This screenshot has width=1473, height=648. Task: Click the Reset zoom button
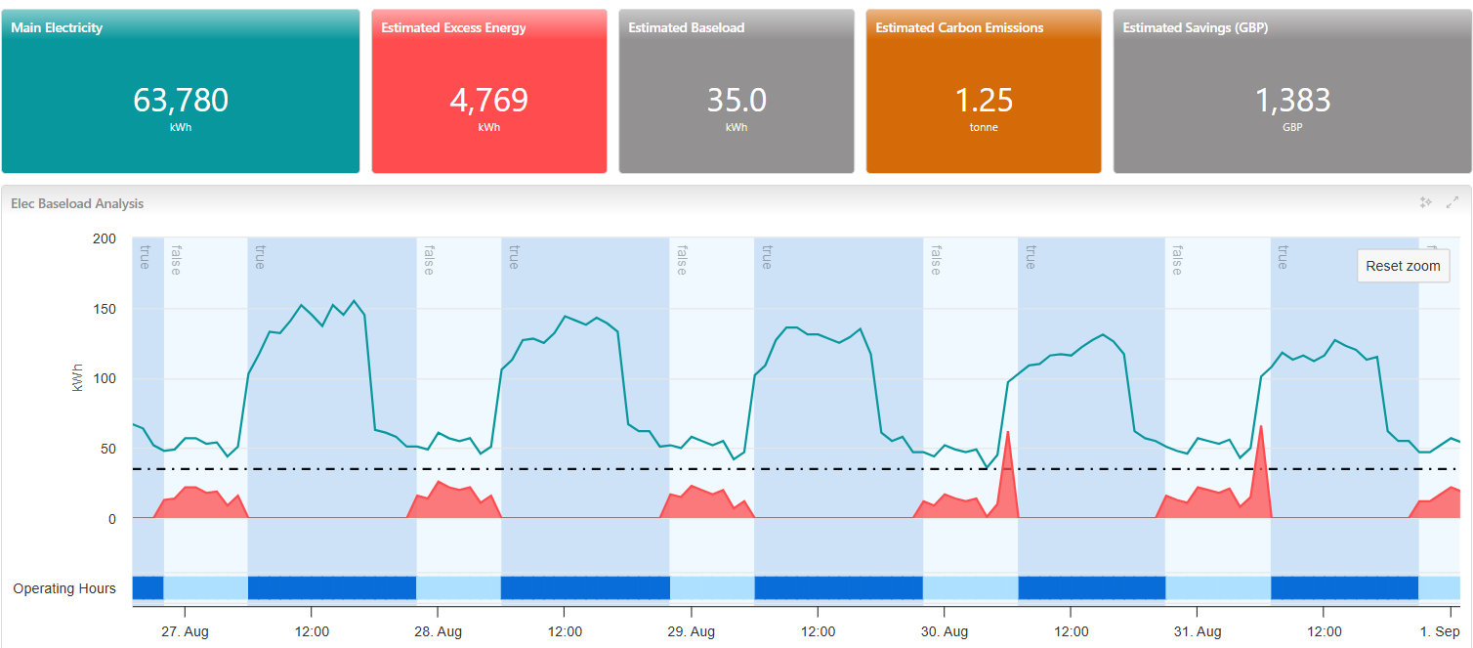point(1403,266)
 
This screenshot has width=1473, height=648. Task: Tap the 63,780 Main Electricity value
point(181,101)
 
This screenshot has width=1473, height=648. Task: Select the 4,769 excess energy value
point(488,101)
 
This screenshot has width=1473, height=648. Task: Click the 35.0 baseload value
point(736,101)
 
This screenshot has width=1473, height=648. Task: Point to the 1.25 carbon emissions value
point(984,101)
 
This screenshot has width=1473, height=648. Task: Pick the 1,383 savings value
point(1292,101)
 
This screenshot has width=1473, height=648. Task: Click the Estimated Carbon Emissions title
point(959,28)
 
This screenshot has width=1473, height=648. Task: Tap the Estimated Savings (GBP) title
point(1196,28)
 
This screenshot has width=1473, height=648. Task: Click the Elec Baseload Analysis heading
point(77,203)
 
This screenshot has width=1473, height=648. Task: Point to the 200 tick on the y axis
point(104,239)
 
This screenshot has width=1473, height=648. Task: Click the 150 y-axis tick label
point(104,310)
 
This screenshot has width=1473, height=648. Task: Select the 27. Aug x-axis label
point(185,632)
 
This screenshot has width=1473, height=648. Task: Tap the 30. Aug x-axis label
point(945,632)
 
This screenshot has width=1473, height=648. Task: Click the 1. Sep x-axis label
point(1441,632)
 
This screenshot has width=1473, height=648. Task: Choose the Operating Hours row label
point(64,588)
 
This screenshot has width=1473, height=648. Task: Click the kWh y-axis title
point(78,379)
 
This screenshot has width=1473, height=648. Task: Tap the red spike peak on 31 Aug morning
point(1261,427)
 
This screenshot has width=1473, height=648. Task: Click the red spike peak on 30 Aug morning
point(1007,432)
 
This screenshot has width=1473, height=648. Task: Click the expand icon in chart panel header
point(1452,202)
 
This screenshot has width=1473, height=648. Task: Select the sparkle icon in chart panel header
point(1425,202)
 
